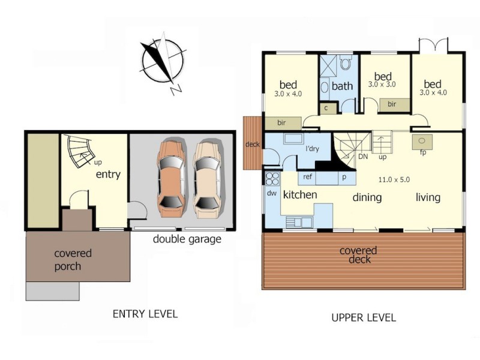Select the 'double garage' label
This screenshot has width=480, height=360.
187,239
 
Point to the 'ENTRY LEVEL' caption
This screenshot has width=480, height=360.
145,314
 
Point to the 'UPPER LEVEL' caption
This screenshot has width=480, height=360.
364,317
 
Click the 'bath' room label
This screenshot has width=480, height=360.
342,86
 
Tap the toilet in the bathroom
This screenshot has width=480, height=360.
346,62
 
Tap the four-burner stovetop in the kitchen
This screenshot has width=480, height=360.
272,178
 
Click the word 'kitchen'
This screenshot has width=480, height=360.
300,194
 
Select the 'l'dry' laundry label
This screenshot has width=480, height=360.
311,148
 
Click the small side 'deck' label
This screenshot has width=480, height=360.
252,144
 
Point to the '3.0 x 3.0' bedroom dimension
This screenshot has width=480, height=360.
382,85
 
